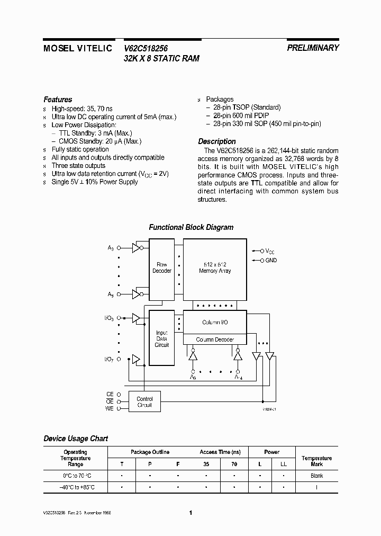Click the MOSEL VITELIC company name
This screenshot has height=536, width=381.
(77, 48)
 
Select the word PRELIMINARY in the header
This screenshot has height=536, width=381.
(313, 48)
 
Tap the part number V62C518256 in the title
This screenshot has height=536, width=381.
(146, 48)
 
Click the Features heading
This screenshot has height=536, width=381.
(58, 100)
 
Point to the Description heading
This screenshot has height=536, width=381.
(216, 141)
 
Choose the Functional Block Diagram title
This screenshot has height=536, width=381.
(190, 227)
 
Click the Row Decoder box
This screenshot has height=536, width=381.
(161, 267)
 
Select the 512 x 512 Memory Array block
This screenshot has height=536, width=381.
(215, 267)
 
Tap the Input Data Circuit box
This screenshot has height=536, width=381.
(161, 338)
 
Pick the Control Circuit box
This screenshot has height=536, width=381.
(144, 402)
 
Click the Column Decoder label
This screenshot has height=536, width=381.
(214, 340)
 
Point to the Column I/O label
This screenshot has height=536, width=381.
(215, 322)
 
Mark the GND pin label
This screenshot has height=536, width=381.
(271, 261)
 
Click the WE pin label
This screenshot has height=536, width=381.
(110, 408)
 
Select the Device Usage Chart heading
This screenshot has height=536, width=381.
(75, 439)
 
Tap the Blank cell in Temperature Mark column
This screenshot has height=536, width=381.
(316, 476)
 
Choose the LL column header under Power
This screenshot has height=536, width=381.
(284, 464)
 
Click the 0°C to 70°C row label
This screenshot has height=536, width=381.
(76, 476)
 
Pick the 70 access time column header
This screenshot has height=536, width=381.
(234, 464)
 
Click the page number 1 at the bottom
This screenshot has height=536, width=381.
(190, 513)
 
